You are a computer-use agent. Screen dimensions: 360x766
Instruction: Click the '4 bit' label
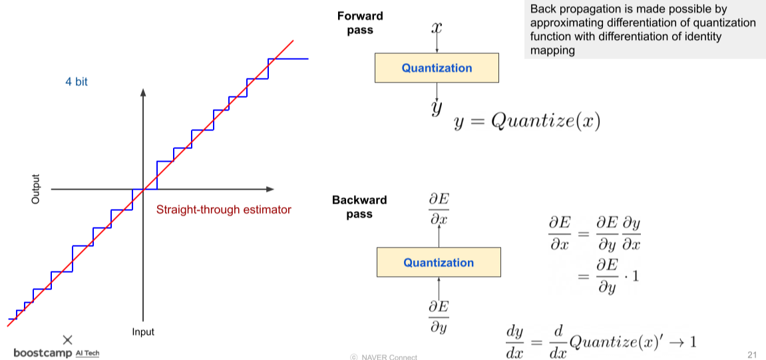(x=77, y=82)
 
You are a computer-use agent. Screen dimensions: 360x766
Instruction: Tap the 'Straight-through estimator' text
(x=224, y=210)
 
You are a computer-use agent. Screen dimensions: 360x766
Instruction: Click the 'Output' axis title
(x=36, y=189)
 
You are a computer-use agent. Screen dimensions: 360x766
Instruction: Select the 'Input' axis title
(x=142, y=332)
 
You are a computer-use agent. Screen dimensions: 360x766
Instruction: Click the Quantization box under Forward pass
(x=437, y=68)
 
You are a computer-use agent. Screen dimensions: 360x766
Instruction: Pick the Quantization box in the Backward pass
(x=439, y=262)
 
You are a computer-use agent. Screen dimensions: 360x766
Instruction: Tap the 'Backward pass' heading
(x=359, y=207)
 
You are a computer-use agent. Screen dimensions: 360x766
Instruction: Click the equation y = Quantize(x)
(x=527, y=122)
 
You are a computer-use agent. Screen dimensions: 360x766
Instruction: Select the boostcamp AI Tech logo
(x=57, y=353)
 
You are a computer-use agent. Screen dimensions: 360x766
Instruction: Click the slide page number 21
(x=753, y=353)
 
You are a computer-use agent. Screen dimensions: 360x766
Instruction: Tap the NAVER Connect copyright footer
(x=384, y=357)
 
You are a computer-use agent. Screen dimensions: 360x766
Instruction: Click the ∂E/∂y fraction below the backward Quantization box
(x=438, y=316)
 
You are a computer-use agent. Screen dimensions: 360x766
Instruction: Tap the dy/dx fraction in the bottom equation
(x=515, y=341)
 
